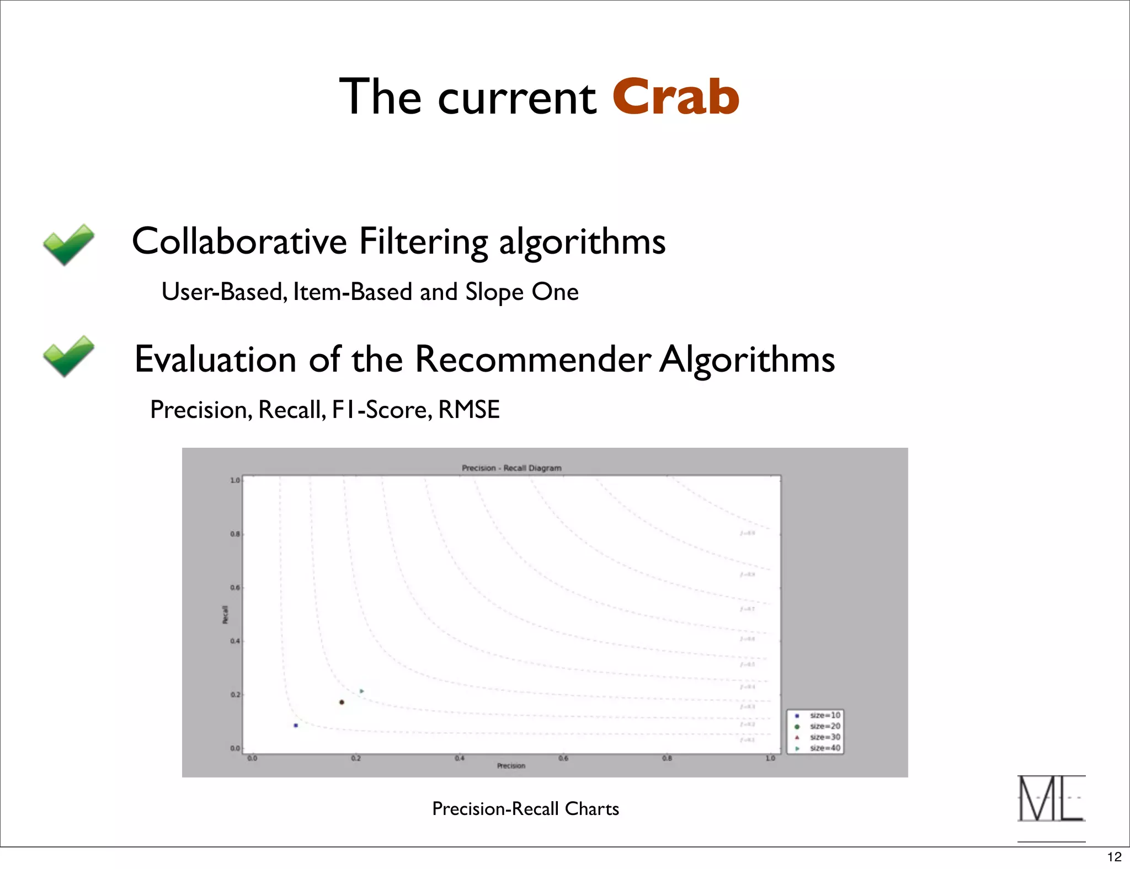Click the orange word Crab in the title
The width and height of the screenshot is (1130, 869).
click(675, 97)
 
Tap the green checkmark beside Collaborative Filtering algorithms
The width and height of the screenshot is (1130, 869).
click(69, 244)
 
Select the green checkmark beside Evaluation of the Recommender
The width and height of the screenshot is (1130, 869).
click(69, 356)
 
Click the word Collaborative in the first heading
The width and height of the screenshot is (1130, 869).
click(239, 242)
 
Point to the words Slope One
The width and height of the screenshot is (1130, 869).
click(521, 292)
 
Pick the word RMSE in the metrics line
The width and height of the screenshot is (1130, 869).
click(469, 410)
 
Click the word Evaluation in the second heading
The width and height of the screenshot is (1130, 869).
click(216, 360)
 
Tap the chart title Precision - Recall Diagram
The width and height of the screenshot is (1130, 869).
click(511, 468)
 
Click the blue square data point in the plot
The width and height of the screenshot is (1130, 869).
click(296, 725)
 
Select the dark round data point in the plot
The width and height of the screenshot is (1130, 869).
click(342, 702)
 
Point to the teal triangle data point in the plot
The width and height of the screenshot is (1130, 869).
click(361, 691)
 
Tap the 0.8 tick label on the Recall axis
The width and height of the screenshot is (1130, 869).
click(235, 534)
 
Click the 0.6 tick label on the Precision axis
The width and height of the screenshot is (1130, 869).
click(563, 758)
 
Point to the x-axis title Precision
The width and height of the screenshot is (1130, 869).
click(511, 766)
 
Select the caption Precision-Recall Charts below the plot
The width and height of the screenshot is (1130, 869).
click(525, 808)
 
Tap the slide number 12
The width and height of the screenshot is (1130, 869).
click(1114, 856)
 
